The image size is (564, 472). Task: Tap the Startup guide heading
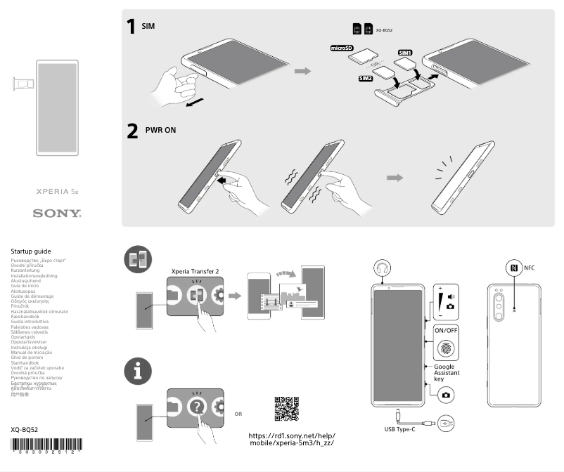click(x=31, y=251)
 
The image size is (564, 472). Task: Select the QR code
click(x=286, y=408)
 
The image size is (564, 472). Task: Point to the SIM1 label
click(x=405, y=53)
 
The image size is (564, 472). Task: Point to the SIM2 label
click(x=366, y=78)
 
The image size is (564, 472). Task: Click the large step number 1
click(x=131, y=27)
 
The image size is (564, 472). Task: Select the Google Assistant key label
click(x=449, y=372)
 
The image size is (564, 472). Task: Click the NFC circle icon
click(x=513, y=268)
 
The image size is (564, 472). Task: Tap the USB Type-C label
click(x=399, y=428)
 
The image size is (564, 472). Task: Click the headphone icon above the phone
click(x=383, y=268)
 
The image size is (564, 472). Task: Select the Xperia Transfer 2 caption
click(x=195, y=270)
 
